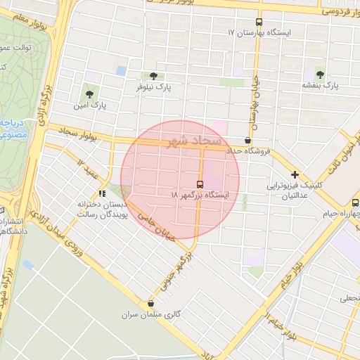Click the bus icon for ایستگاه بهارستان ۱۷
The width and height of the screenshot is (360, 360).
259,22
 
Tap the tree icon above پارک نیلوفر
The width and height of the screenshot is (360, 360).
153,76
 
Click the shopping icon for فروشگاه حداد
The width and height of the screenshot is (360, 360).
247,141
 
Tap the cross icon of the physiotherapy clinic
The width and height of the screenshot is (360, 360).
295,174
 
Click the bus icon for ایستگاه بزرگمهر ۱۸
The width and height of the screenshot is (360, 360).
200,183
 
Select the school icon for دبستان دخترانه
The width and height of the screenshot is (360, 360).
102,193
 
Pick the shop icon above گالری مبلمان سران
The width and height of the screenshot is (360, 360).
150,304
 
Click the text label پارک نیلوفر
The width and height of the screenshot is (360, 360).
154,87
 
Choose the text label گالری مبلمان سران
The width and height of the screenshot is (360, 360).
151,315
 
